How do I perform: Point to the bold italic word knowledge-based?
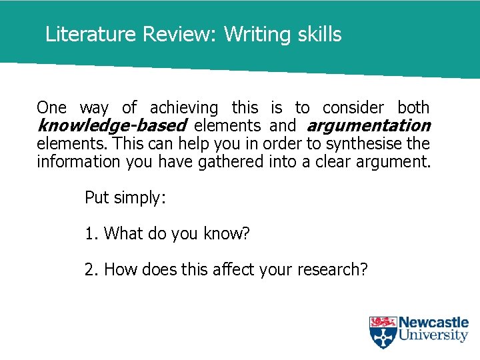[111, 125]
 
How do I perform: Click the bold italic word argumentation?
[368, 125]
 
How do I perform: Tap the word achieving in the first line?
[184, 107]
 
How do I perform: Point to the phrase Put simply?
[123, 197]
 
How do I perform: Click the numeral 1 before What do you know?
[89, 233]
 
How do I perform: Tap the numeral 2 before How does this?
[89, 269]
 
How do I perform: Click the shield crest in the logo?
[383, 332]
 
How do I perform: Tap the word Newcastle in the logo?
[433, 323]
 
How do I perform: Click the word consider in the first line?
[353, 107]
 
